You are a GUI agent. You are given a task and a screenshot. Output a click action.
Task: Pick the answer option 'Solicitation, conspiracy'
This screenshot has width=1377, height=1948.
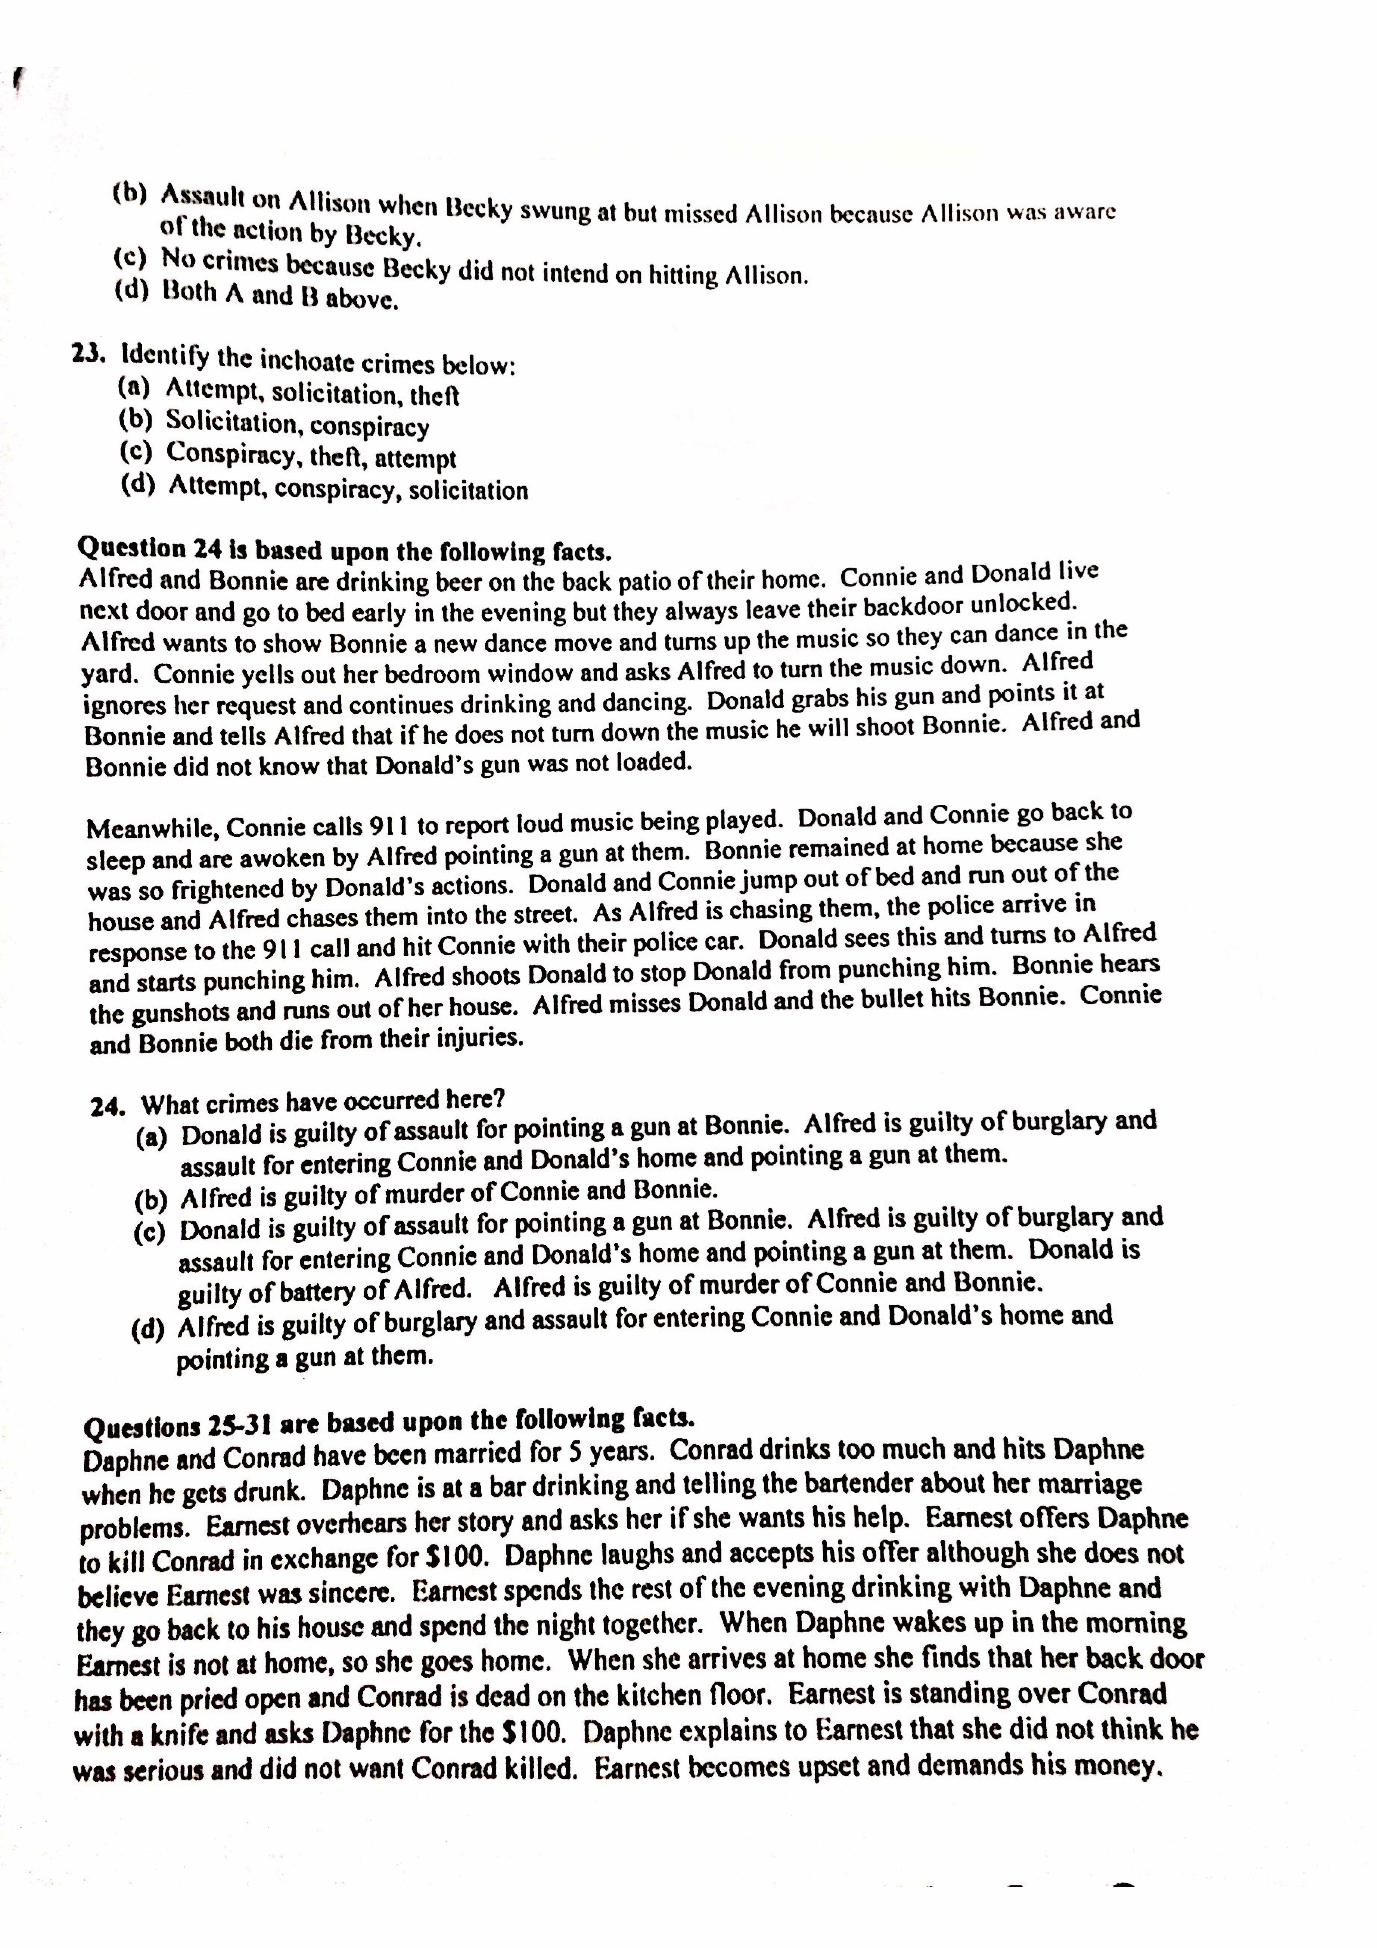297,423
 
